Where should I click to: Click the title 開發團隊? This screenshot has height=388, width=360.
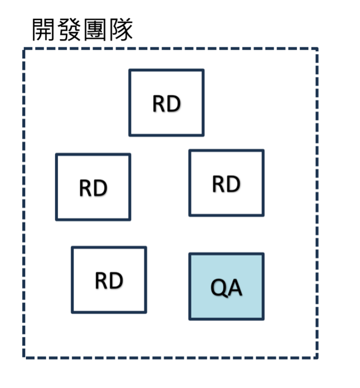pyautogui.click(x=82, y=30)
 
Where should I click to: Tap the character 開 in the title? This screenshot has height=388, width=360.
pyautogui.click(x=44, y=30)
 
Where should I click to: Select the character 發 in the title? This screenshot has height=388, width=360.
pyautogui.click(x=70, y=30)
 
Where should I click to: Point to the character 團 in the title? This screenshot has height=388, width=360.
pyautogui.click(x=95, y=30)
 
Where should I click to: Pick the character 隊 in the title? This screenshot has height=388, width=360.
pyautogui.click(x=120, y=30)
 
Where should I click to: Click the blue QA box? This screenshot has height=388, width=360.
pyautogui.click(x=227, y=286)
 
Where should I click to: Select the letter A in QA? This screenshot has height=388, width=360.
pyautogui.click(x=235, y=287)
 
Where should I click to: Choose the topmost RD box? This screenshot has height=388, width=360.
pyautogui.click(x=166, y=103)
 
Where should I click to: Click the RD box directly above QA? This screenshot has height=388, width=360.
pyautogui.click(x=226, y=183)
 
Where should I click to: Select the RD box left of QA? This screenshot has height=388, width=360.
pyautogui.click(x=109, y=279)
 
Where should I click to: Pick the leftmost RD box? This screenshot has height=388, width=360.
pyautogui.click(x=93, y=187)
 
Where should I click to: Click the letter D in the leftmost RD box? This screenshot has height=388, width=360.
pyautogui.click(x=100, y=188)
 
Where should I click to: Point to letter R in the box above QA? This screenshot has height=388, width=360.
pyautogui.click(x=219, y=184)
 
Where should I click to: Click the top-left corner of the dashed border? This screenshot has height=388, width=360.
pyautogui.click(x=24, y=49)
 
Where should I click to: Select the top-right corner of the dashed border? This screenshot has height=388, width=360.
pyautogui.click(x=318, y=49)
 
